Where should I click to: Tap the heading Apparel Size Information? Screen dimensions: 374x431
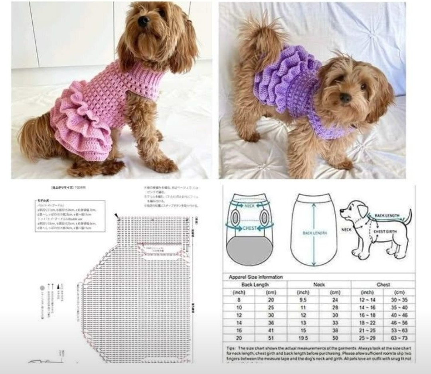pyautogui.click(x=255, y=277)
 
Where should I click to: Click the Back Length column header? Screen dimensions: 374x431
pyautogui.click(x=255, y=285)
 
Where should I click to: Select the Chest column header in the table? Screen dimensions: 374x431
pyautogui.click(x=383, y=285)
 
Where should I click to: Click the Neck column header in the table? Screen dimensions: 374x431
pyautogui.click(x=319, y=285)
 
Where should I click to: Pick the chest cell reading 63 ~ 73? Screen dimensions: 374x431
pyautogui.click(x=399, y=338)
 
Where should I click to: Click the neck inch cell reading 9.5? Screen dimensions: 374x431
pyautogui.click(x=303, y=300)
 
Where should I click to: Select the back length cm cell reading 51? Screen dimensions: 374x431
pyautogui.click(x=271, y=338)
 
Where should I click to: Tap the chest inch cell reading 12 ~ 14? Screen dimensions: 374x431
pyautogui.click(x=367, y=300)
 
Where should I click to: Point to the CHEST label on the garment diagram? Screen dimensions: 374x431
pyautogui.click(x=249, y=228)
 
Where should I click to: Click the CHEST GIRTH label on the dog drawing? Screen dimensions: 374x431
pyautogui.click(x=385, y=231)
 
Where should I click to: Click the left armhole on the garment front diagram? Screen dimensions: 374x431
pyautogui.click(x=235, y=217)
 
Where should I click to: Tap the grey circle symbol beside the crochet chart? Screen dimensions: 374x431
pyautogui.click(x=42, y=287)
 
